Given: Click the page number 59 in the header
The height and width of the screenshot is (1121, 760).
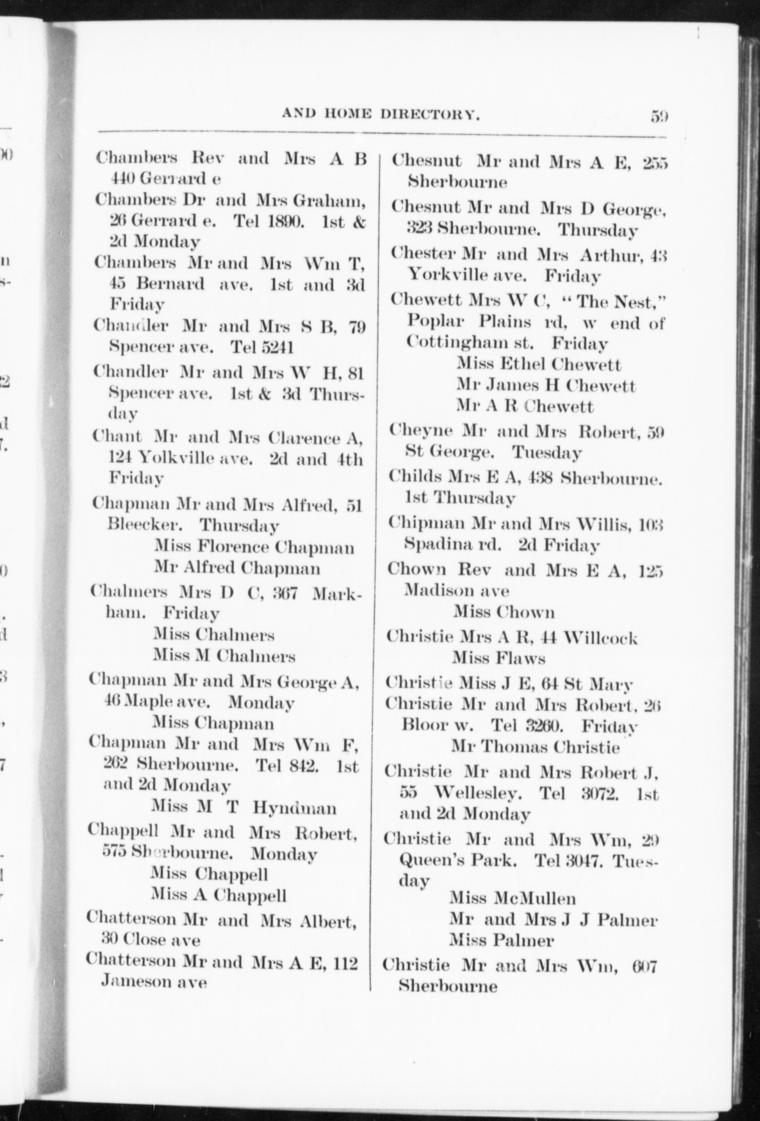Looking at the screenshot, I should point(658,116).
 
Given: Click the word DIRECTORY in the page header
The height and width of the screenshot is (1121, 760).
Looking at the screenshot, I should point(431,116).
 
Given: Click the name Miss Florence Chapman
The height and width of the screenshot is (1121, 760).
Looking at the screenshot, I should point(255,547).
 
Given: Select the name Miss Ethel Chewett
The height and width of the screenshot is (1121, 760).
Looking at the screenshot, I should point(539,364).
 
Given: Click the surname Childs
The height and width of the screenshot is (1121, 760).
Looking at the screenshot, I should point(416,477).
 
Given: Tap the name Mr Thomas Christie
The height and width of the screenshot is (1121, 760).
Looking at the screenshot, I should point(535,747).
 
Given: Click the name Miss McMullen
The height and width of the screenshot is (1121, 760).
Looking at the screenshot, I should point(512,899).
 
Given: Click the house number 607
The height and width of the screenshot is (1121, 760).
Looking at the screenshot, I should point(645,965).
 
